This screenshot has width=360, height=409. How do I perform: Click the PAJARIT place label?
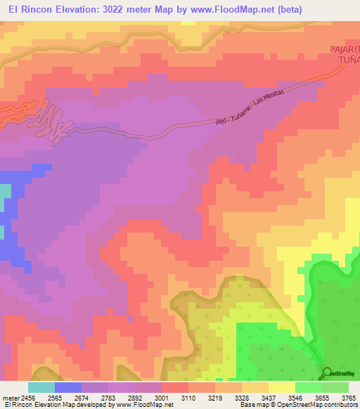(344, 49)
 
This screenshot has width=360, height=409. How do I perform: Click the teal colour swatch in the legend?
(41, 387)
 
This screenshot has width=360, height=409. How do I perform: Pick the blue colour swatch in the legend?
(68, 387)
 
